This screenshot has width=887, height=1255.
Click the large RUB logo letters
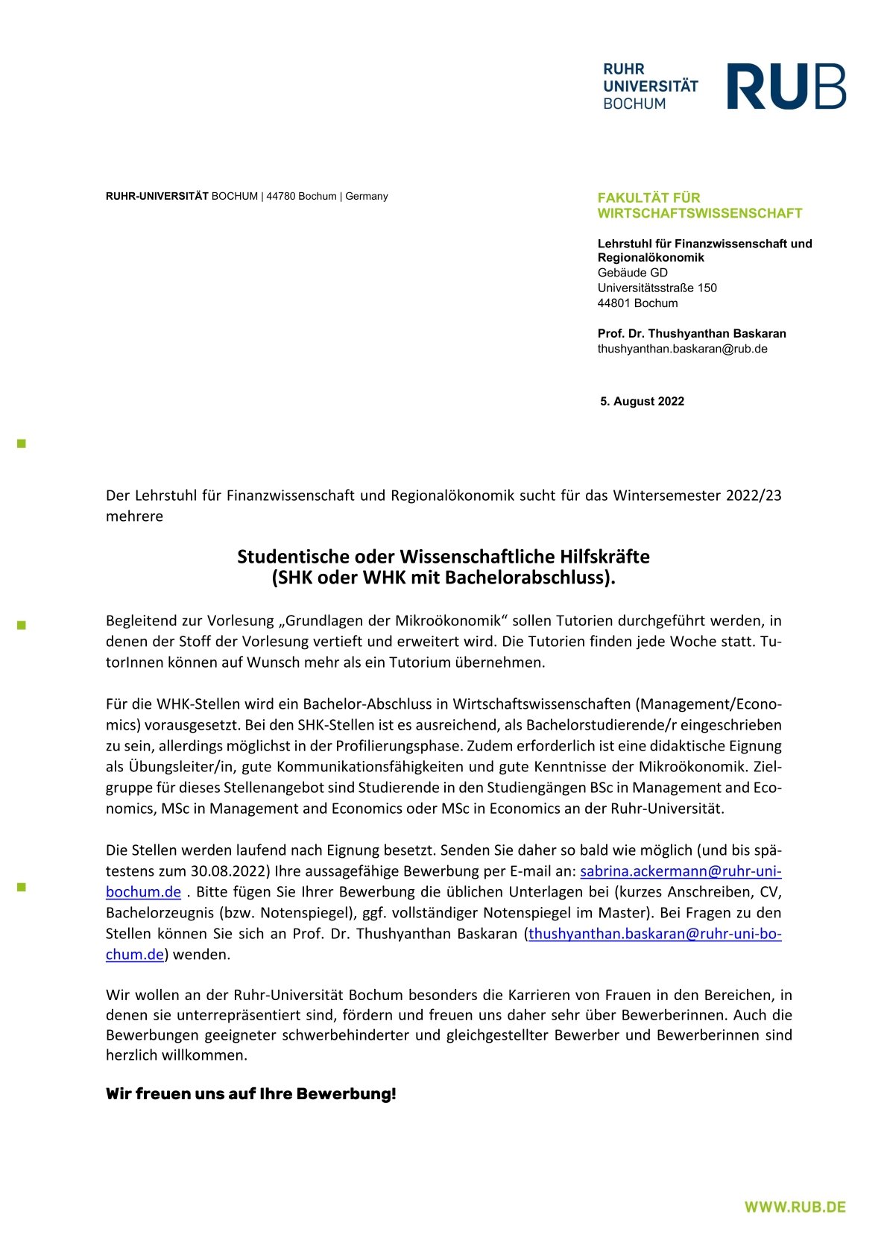(786, 86)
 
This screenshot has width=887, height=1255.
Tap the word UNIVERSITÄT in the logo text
(650, 86)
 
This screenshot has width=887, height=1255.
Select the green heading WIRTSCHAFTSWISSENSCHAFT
(699, 214)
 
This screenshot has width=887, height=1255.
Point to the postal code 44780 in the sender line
(281, 197)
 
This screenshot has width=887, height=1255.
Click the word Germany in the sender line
(366, 197)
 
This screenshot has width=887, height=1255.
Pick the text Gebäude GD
(632, 273)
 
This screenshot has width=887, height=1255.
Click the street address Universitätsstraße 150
(657, 288)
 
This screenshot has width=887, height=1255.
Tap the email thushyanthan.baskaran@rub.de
(682, 349)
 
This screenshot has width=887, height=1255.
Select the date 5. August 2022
(642, 402)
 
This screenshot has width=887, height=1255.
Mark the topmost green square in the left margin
(22, 443)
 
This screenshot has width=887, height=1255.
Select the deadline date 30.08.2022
(229, 871)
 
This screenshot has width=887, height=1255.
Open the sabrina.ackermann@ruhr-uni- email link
(680, 871)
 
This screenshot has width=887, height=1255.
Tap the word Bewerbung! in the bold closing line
(346, 1094)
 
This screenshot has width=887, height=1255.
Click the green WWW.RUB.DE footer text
(795, 1207)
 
